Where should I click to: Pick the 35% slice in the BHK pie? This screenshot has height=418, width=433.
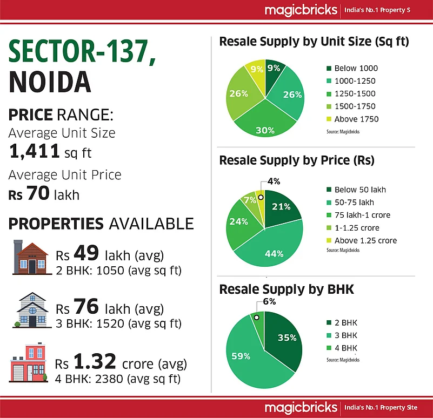point(284,338)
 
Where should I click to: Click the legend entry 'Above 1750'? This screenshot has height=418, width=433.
point(356,119)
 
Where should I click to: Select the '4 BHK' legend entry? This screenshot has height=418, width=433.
point(346,348)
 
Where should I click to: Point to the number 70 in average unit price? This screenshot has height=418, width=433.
point(38,193)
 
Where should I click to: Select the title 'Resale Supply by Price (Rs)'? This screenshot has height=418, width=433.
point(296,160)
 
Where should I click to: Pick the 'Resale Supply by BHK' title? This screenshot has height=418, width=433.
point(286,289)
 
